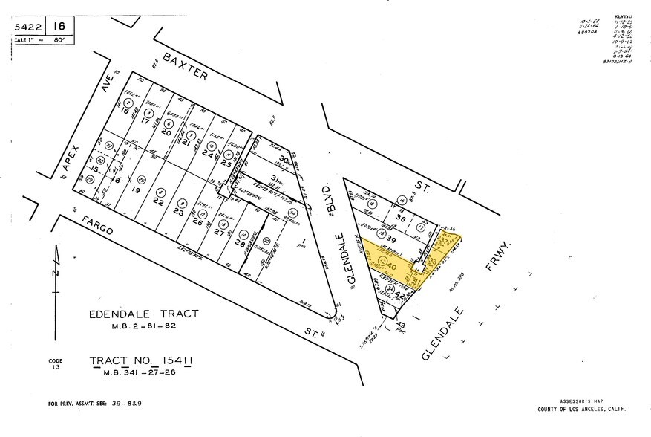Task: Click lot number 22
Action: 158,201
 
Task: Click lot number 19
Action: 136,190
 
